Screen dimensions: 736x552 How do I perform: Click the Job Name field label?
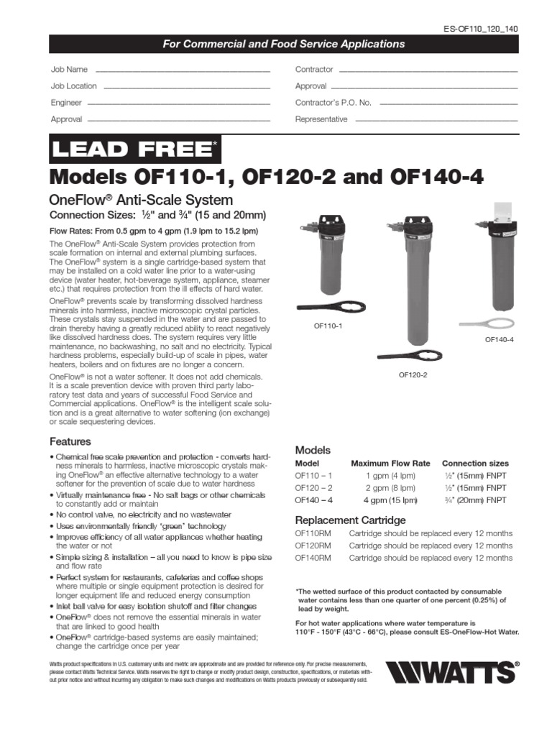pyautogui.click(x=69, y=70)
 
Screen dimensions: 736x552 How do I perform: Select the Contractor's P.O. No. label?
pyautogui.click(x=333, y=103)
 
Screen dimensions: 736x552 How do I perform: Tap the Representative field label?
pyautogui.click(x=321, y=119)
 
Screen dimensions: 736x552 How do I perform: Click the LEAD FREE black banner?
pyautogui.click(x=134, y=149)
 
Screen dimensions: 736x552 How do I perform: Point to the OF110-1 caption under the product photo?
pyautogui.click(x=327, y=326)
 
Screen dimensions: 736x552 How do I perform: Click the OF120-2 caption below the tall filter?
pyautogui.click(x=413, y=375)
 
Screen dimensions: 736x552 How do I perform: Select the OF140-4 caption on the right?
pyautogui.click(x=499, y=339)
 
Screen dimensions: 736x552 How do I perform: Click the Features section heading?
pyautogui.click(x=70, y=441)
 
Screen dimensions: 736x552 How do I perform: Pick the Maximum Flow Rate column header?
pyautogui.click(x=390, y=464)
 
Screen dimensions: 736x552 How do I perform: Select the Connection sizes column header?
pyautogui.click(x=475, y=464)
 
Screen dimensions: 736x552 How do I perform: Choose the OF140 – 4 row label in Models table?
pyautogui.click(x=314, y=500)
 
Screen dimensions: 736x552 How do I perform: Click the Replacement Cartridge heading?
pyautogui.click(x=351, y=520)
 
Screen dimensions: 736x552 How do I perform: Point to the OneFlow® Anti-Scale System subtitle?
pyautogui.click(x=140, y=200)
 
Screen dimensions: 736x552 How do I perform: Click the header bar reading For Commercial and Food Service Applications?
pyautogui.click(x=282, y=44)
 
